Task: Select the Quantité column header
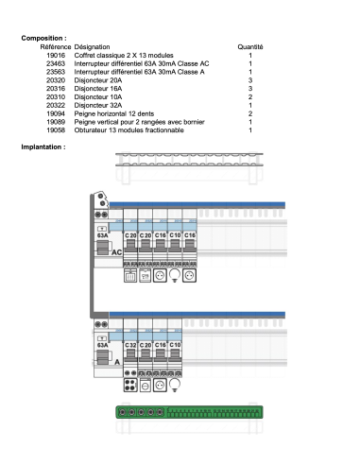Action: tap(250, 45)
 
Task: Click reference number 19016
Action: tap(55, 56)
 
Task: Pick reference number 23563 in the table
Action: tap(55, 72)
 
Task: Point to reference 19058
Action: tap(55, 129)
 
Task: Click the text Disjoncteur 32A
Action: tap(99, 105)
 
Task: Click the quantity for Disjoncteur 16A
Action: tap(250, 89)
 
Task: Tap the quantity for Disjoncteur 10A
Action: tap(250, 96)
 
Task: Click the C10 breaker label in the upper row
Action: tap(175, 233)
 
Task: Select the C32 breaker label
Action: tap(130, 346)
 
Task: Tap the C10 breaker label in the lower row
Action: tap(175, 346)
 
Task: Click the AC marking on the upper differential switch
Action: tap(116, 253)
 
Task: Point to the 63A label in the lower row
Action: tap(102, 346)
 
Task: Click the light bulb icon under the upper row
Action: tap(175, 275)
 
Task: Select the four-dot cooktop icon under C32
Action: tap(130, 385)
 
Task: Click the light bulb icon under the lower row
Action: tap(175, 385)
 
